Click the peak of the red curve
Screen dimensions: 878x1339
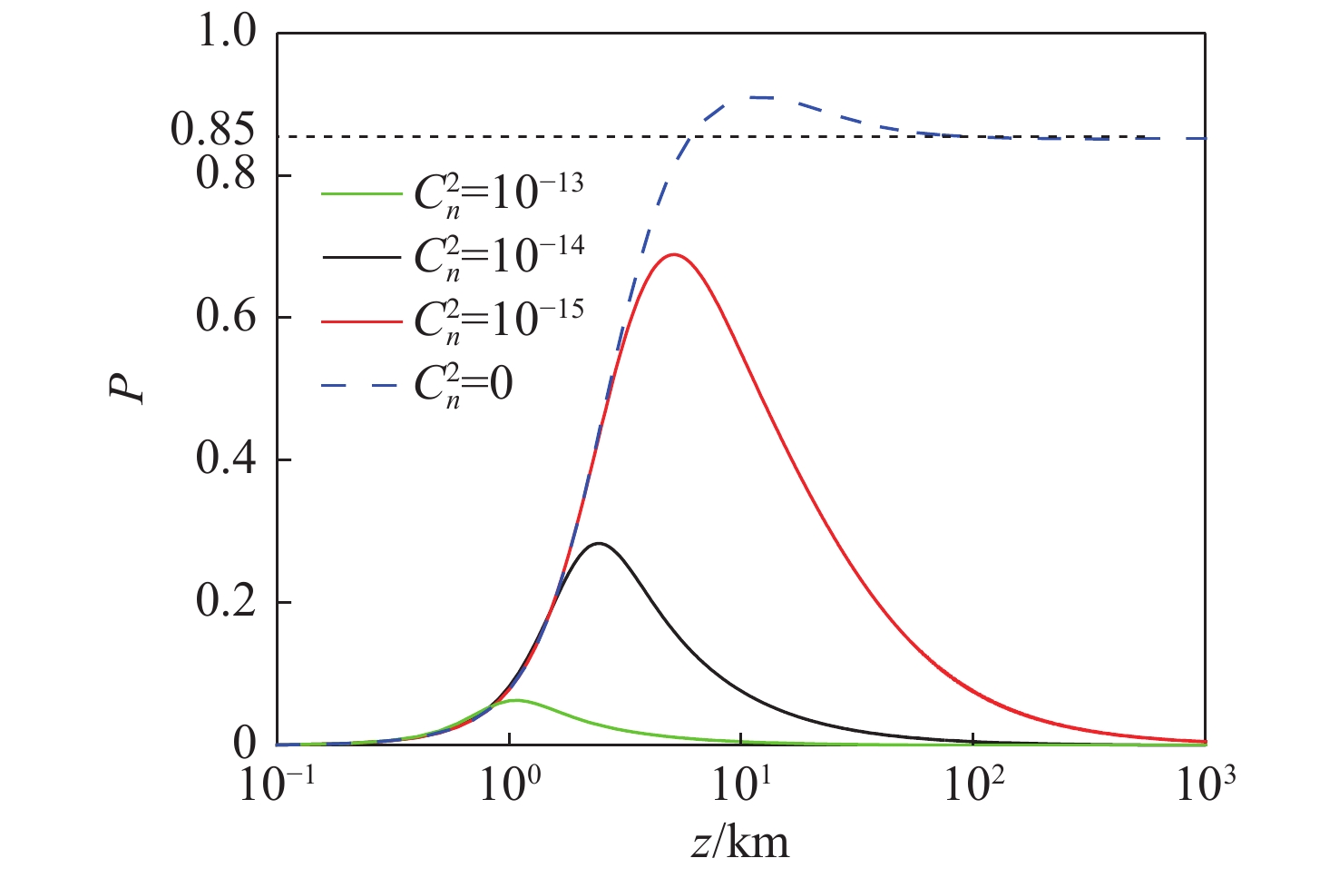click(673, 254)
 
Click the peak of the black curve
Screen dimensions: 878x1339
click(599, 544)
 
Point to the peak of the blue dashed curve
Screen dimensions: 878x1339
click(757, 97)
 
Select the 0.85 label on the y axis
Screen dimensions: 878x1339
click(212, 132)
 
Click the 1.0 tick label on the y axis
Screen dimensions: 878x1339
click(226, 34)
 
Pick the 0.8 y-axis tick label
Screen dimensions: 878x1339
click(226, 174)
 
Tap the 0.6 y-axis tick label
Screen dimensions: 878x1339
click(226, 318)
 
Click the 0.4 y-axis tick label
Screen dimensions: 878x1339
click(226, 460)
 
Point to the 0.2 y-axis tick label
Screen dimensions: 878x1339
click(226, 603)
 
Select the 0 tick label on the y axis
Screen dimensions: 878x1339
click(245, 745)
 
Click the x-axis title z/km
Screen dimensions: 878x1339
click(739, 843)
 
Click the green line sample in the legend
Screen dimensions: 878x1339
click(360, 193)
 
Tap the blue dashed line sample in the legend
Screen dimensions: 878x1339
click(360, 386)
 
